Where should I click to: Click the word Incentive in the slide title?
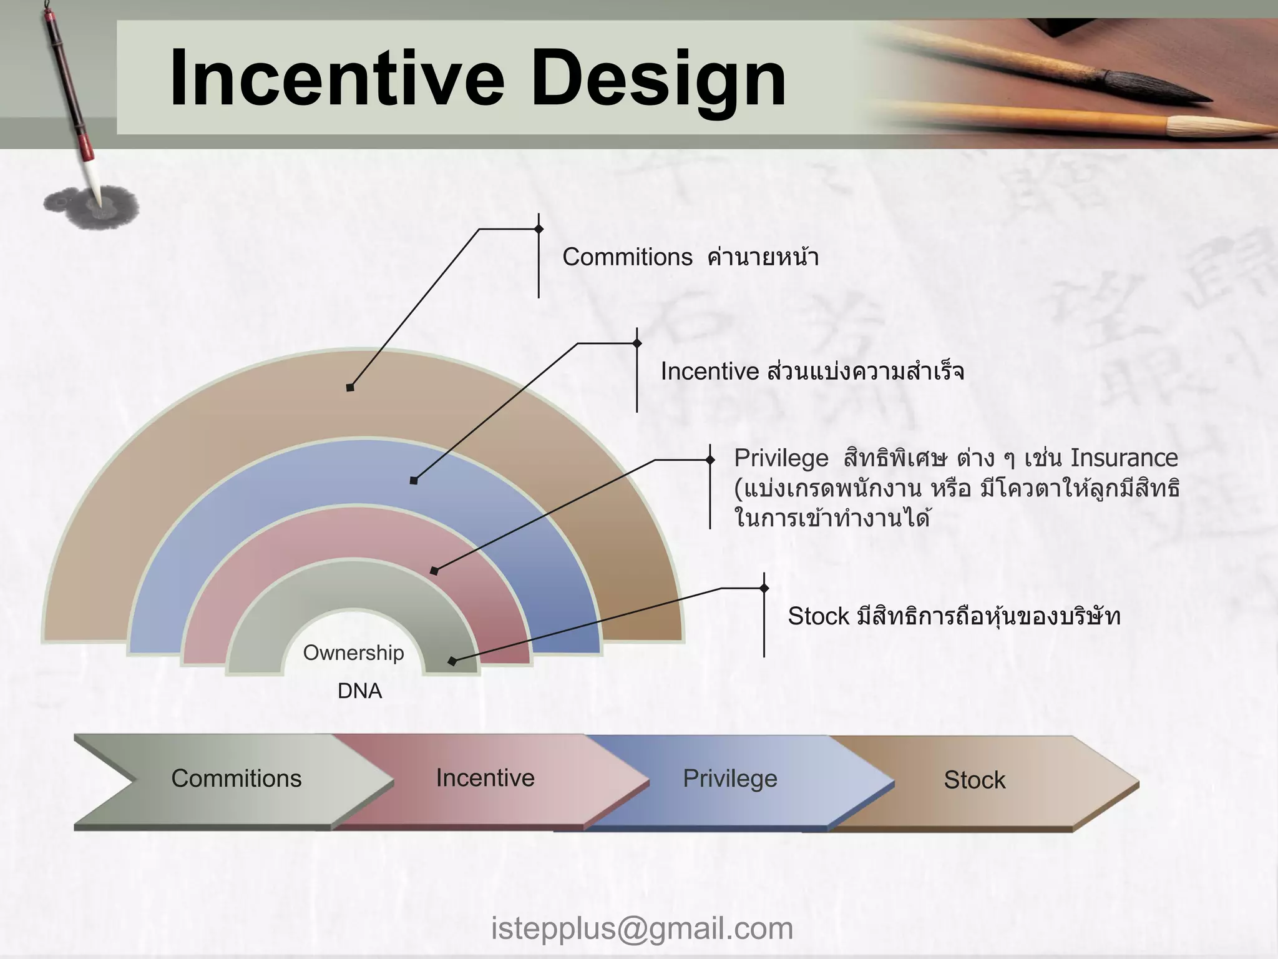(x=336, y=80)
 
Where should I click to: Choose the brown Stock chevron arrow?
(x=974, y=780)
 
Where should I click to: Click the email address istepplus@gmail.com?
(x=641, y=928)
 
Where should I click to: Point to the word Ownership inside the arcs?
(x=353, y=653)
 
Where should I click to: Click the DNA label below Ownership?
(x=359, y=691)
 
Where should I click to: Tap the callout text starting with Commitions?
(x=690, y=257)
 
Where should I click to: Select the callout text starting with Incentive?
(x=812, y=372)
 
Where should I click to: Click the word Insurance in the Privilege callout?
(x=1124, y=458)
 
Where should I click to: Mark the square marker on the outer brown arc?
(x=350, y=388)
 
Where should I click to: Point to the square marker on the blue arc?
(x=414, y=480)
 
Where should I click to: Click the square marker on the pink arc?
(x=434, y=571)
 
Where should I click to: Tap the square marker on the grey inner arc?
(x=452, y=661)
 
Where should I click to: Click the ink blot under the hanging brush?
(x=92, y=205)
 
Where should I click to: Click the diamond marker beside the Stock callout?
(x=764, y=588)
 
